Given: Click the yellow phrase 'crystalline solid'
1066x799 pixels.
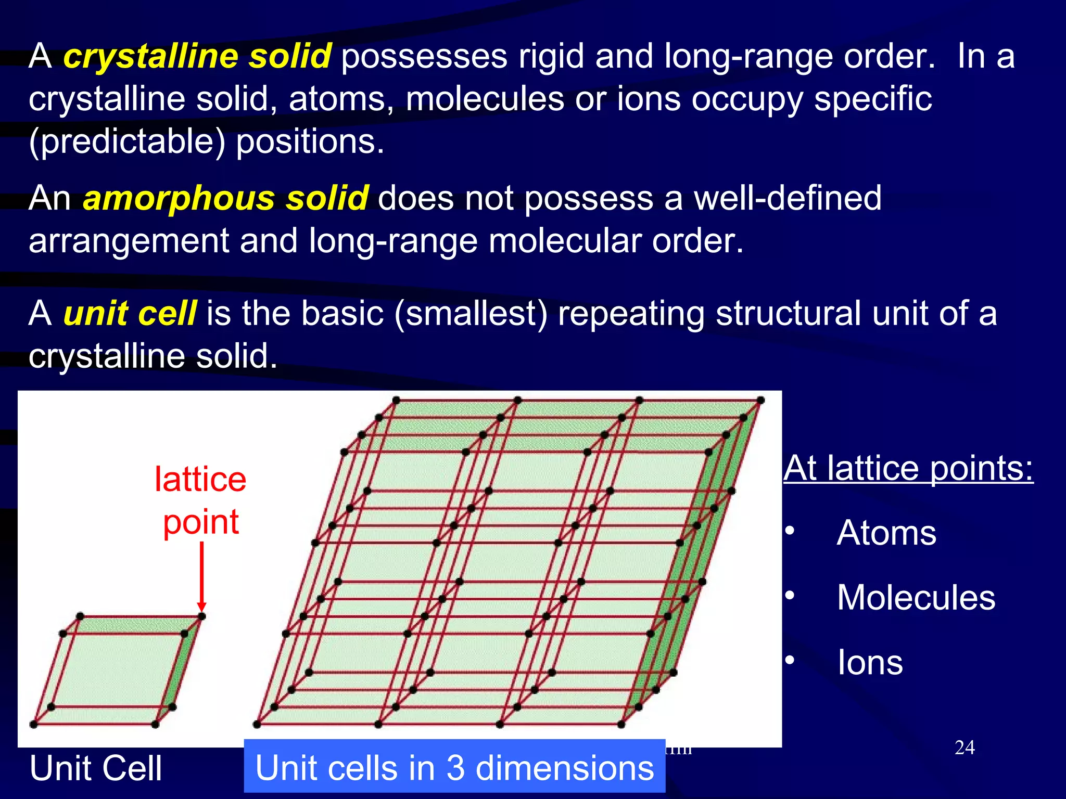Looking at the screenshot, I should (x=197, y=56).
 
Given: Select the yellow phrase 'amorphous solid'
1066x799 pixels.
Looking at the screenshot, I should (x=225, y=198).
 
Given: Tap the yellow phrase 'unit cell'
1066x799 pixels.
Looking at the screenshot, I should (x=130, y=313).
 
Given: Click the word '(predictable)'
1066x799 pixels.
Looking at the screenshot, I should (x=127, y=142).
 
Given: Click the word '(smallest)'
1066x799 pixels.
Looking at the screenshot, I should (x=471, y=313).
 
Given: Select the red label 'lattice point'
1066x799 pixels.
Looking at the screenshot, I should (x=200, y=500).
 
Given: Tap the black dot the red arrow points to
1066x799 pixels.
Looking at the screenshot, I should (x=202, y=616).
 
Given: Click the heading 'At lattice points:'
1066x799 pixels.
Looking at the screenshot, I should (x=908, y=468).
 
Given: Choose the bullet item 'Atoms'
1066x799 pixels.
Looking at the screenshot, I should (x=886, y=533).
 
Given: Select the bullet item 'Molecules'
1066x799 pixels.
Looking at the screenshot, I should (x=916, y=597).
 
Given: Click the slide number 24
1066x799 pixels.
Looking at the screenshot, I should (x=965, y=748).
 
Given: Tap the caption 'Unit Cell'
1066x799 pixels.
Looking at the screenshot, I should (x=96, y=768).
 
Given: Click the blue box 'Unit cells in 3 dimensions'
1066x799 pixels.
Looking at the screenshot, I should (x=454, y=767).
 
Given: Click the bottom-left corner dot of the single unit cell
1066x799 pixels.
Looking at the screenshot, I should (x=34, y=724).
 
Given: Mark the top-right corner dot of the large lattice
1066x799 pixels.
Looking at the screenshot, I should (x=760, y=400).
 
